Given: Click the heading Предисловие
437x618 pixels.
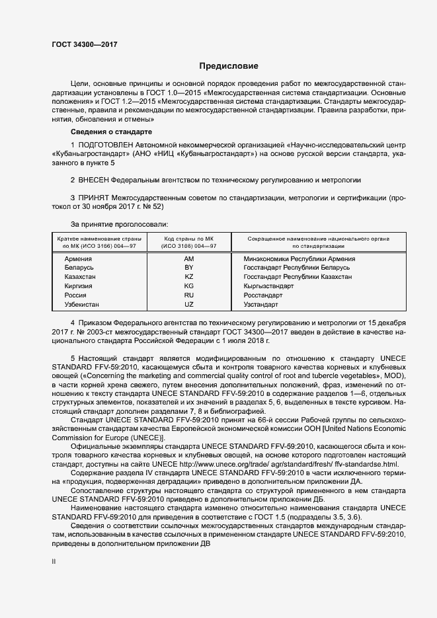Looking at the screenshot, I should (x=228, y=66).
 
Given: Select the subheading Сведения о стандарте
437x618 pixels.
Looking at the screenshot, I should (x=107, y=132).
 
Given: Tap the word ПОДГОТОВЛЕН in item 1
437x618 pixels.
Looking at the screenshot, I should (x=106, y=143).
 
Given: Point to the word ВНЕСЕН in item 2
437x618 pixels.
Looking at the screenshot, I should (x=93, y=180).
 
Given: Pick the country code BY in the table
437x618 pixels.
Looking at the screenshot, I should (x=189, y=268).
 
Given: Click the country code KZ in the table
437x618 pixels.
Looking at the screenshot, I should (x=189, y=277).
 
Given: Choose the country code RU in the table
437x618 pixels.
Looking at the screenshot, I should (x=189, y=295).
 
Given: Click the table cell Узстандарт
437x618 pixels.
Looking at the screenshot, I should (x=262, y=305).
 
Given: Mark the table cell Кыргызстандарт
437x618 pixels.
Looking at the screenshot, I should (x=268, y=286).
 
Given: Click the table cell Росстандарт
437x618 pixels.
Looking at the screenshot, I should (x=264, y=295).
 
